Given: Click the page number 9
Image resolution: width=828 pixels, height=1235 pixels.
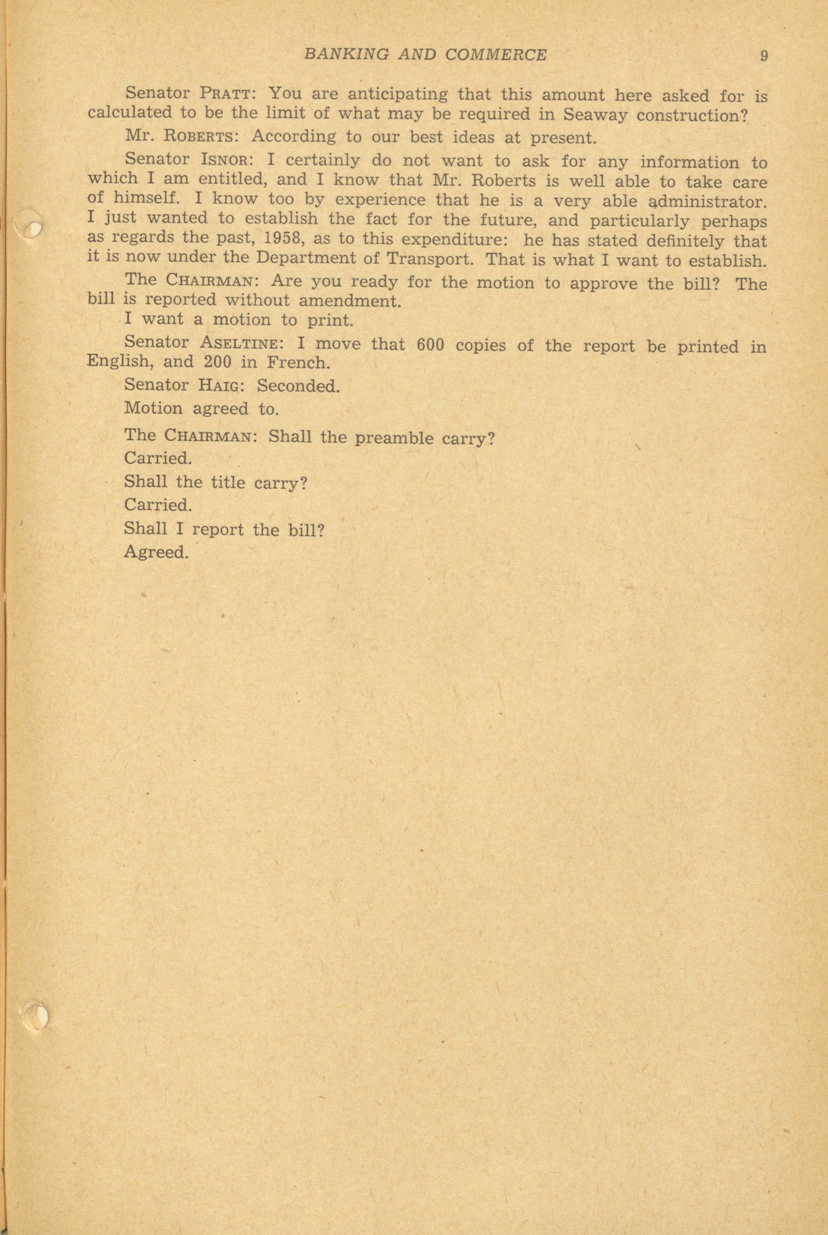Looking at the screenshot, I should [764, 55].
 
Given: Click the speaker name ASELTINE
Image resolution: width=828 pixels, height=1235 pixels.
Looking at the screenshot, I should [243, 344].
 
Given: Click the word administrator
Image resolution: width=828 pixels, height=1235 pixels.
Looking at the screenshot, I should [707, 202].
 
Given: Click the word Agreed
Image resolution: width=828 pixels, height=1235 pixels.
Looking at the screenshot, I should [156, 552].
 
